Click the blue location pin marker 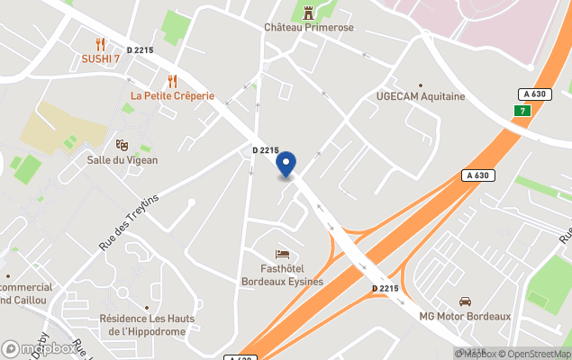[286, 166]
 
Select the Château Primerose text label [309, 28]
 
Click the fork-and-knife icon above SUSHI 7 [100, 44]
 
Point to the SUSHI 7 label [100, 59]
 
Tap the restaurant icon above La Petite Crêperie [172, 81]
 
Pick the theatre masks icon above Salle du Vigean [122, 145]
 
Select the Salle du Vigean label [122, 160]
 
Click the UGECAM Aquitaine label [420, 96]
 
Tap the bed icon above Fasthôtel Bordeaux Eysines [282, 254]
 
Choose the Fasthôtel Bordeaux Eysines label [282, 274]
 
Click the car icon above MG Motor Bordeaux [465, 301]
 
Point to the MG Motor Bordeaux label [465, 317]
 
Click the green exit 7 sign [521, 111]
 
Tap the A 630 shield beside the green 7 [534, 94]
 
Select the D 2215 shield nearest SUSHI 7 [140, 50]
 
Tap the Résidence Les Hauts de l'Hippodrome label [149, 325]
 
